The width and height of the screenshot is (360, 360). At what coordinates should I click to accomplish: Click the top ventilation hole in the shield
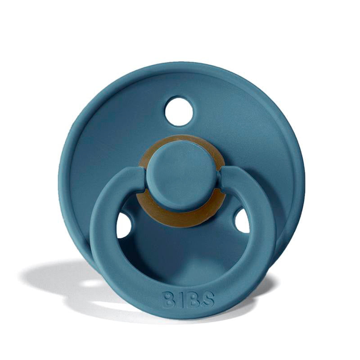(x=179, y=110)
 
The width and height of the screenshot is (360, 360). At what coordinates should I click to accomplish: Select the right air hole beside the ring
(x=242, y=221)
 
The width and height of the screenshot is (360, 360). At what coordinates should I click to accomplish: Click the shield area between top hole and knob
(x=179, y=133)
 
